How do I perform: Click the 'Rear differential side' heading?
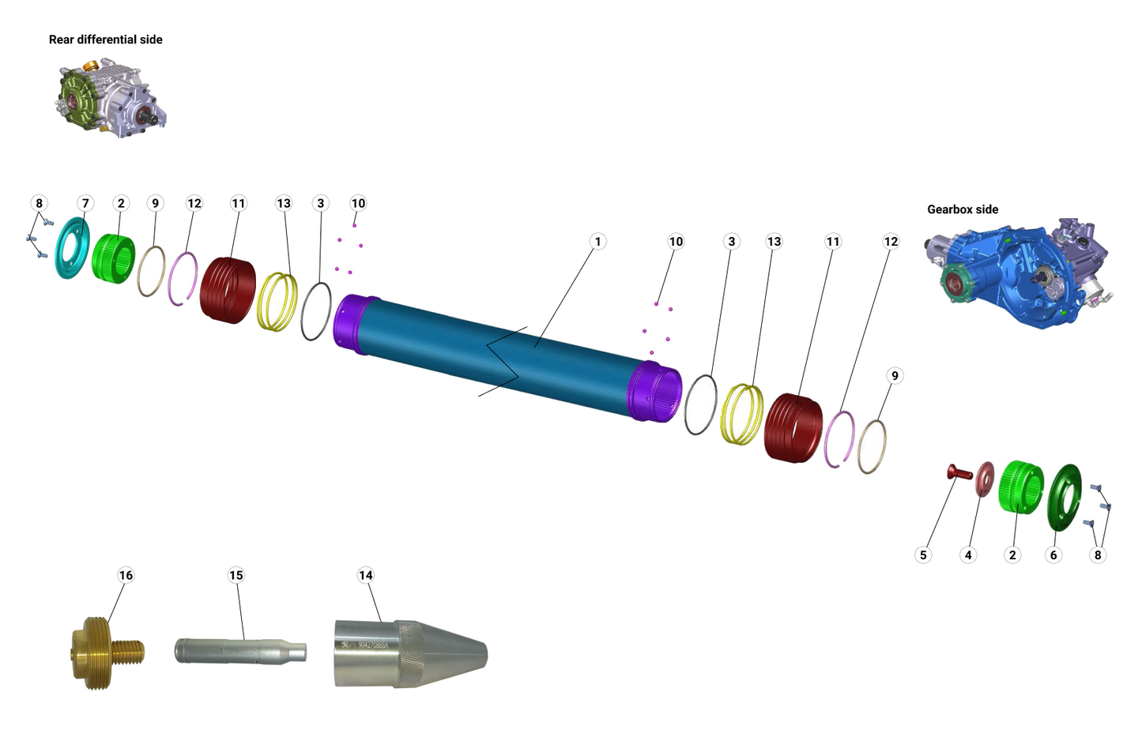(105, 39)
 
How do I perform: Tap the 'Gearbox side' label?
(962, 209)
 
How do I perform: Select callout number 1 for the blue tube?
(597, 242)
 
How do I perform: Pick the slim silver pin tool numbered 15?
(239, 652)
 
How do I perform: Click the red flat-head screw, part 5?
(959, 473)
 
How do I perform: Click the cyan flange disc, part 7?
(72, 248)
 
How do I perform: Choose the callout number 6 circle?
(1053, 555)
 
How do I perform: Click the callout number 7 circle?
(85, 204)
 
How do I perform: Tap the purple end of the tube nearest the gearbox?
(654, 391)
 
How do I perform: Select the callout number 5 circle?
(922, 555)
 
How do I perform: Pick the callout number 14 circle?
(365, 575)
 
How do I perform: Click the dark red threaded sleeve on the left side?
(228, 290)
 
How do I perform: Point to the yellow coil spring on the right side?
(742, 415)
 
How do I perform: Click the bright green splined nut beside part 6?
(1021, 487)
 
